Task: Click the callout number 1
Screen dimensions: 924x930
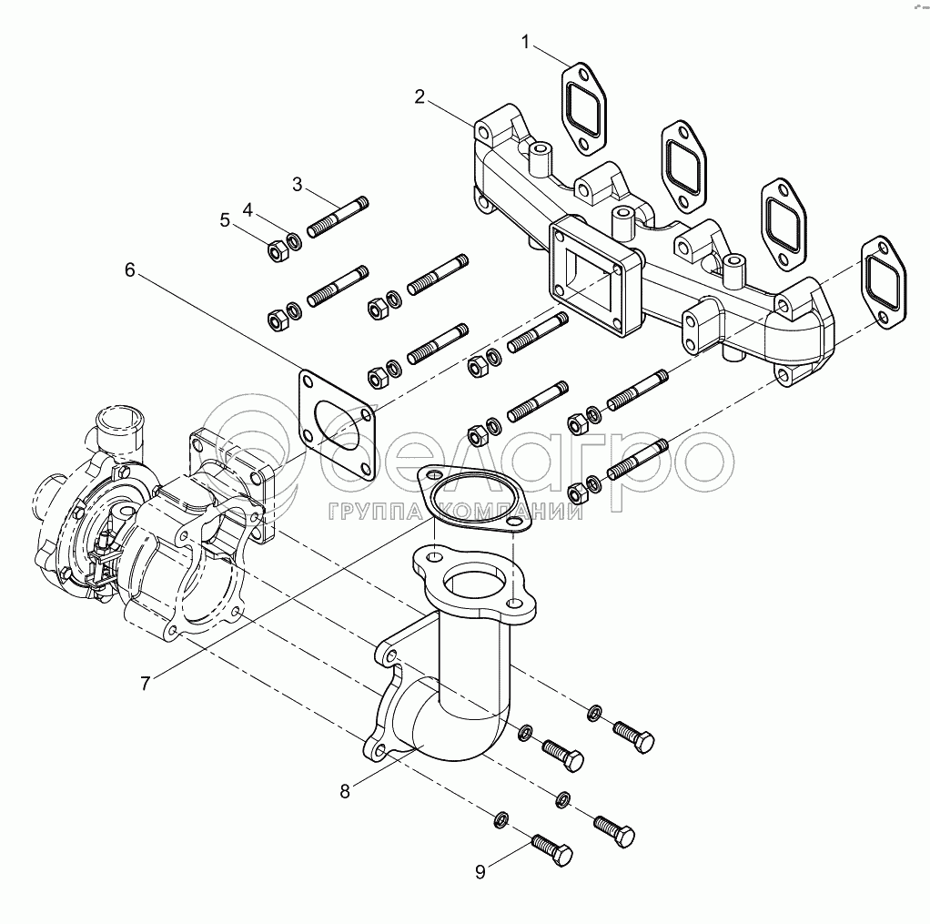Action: click(525, 41)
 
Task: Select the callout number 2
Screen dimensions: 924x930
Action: click(420, 97)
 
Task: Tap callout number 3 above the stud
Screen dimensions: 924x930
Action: click(298, 185)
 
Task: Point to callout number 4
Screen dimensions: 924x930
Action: click(247, 208)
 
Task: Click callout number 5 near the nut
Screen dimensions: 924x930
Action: click(224, 219)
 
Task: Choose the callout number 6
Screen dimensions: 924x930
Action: click(130, 269)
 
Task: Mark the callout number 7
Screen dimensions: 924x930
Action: click(146, 683)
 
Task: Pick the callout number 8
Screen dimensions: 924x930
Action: click(345, 791)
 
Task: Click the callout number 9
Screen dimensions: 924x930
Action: click(480, 871)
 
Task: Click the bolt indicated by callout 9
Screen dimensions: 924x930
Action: click(551, 851)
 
